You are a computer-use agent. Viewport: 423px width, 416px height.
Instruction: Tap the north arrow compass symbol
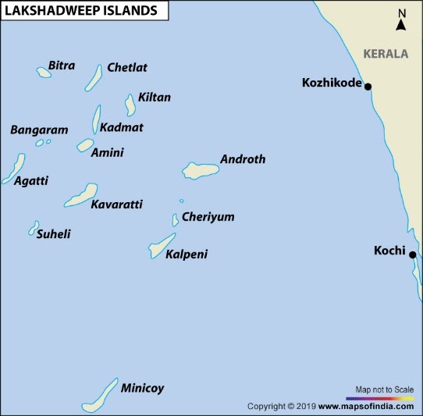click(401, 20)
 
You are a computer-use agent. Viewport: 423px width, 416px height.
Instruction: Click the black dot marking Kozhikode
click(368, 87)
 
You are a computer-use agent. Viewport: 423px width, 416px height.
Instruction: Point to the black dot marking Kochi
click(413, 254)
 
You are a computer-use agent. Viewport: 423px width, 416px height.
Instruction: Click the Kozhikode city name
click(331, 83)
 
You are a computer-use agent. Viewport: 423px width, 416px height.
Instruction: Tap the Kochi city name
click(389, 251)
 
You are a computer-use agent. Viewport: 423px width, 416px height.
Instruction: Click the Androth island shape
click(199, 169)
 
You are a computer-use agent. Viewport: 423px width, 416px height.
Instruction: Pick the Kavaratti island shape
click(81, 195)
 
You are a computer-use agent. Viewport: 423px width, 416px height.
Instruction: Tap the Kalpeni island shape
click(162, 245)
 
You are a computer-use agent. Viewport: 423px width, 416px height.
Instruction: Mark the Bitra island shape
click(44, 72)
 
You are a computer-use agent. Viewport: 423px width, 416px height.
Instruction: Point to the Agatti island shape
click(13, 167)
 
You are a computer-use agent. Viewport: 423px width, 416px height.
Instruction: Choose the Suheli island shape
click(34, 227)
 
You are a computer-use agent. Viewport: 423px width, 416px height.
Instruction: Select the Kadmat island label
click(122, 127)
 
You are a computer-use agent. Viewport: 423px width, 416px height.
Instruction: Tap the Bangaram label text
click(39, 130)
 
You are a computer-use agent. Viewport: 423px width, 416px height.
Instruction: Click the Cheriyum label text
click(208, 217)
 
